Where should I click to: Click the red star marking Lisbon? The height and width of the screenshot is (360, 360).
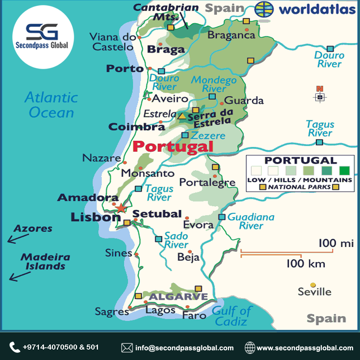pos(121,208)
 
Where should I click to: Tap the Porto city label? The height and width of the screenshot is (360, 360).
pos(125,68)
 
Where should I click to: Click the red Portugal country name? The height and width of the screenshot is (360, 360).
pos(173,147)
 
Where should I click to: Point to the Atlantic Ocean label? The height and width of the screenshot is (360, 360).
pos(51,105)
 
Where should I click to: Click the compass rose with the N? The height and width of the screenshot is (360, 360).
pos(320,96)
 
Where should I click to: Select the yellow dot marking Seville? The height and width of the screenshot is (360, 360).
pos(313,285)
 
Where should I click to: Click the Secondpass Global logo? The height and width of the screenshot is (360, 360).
pos(43,37)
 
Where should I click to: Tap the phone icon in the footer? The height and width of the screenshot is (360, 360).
pos(15,347)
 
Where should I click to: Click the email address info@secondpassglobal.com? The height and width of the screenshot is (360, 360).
pos(184,348)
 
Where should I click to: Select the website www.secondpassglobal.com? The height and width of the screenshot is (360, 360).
pos(305,348)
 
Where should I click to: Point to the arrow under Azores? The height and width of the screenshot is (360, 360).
pos(18,238)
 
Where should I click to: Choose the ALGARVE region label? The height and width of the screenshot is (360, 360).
pos(178,297)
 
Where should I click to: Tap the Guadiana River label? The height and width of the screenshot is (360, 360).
pos(251,221)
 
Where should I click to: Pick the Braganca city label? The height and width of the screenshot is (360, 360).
pos(231,35)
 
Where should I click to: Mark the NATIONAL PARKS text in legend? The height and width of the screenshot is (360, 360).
pos(299,187)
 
